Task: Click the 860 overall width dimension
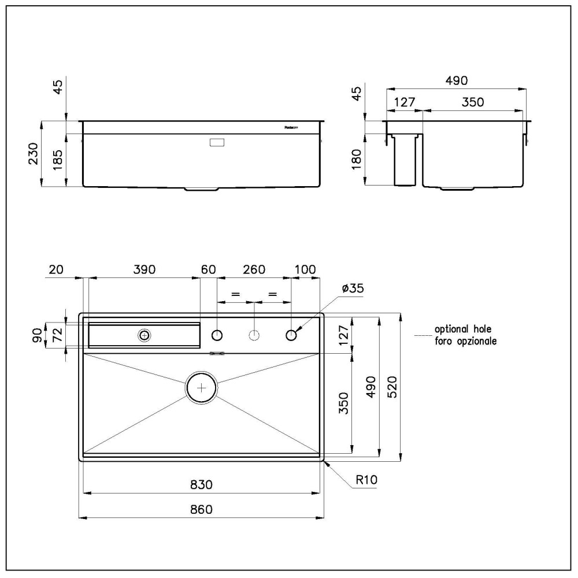pyautogui.click(x=201, y=509)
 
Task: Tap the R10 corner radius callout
pyautogui.click(x=367, y=479)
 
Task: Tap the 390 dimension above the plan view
pyautogui.click(x=144, y=269)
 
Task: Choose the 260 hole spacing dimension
pyautogui.click(x=254, y=269)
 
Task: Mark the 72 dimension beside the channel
pyautogui.click(x=58, y=335)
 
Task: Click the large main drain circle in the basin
pyautogui.click(x=201, y=388)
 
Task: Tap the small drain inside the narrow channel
pyautogui.click(x=144, y=335)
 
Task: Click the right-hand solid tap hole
pyautogui.click(x=292, y=335)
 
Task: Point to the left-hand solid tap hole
pyautogui.click(x=217, y=335)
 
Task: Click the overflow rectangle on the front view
pyautogui.click(x=218, y=142)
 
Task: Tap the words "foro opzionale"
pyautogui.click(x=465, y=342)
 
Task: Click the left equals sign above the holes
pyautogui.click(x=235, y=294)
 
